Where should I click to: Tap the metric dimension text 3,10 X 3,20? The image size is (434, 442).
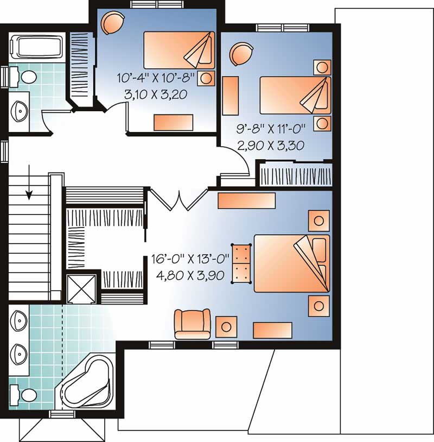click(x=156, y=94)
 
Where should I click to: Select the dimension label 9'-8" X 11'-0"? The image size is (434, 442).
click(x=272, y=129)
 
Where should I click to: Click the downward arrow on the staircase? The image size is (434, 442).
click(x=29, y=187)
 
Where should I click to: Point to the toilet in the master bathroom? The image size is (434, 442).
click(x=22, y=393)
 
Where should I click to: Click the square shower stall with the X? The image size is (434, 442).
click(x=81, y=288)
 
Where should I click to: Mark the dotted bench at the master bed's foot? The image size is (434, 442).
click(x=241, y=263)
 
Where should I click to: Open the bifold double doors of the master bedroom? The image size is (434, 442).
click(x=178, y=199)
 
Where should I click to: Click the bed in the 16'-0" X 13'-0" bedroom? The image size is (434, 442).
click(x=292, y=263)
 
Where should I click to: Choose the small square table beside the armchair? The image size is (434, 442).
click(x=226, y=326)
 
